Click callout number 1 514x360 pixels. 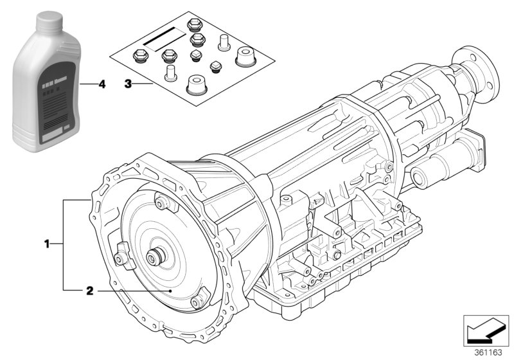pos(46,244)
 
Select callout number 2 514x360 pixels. pos(90,291)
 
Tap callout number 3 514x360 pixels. pos(128,84)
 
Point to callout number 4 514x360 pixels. pos(101,84)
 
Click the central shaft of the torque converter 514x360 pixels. pos(155,258)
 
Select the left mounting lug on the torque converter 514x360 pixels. pos(120,256)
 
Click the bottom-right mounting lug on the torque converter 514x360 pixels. pos(200,296)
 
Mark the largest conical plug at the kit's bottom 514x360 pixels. pos(196,86)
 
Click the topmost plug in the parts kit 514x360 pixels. pos(191,25)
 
